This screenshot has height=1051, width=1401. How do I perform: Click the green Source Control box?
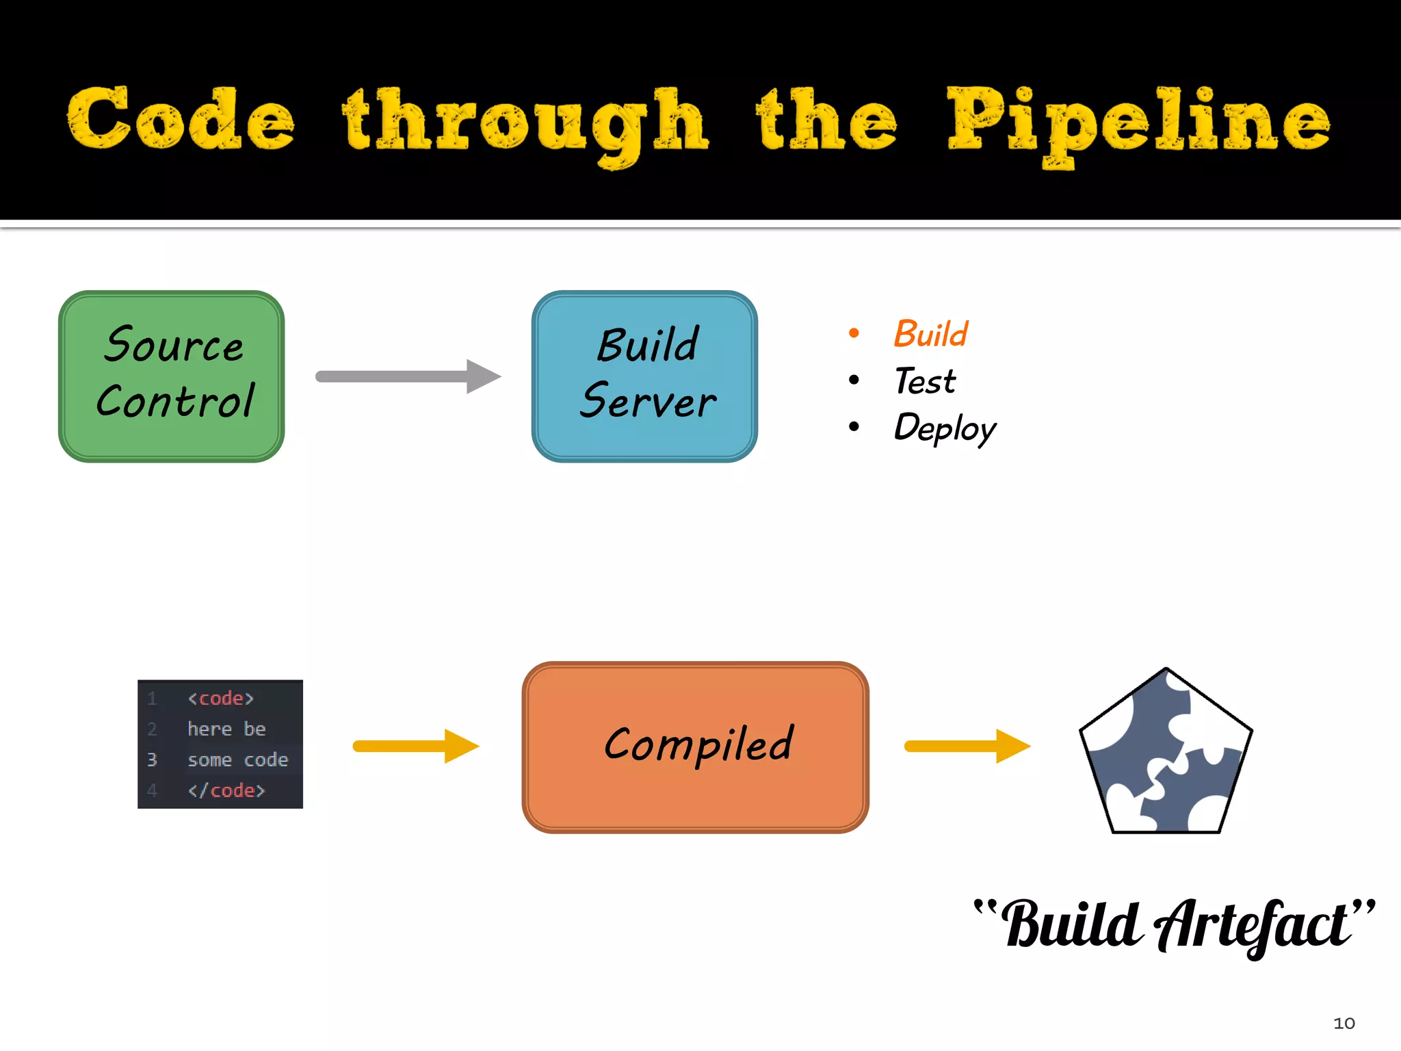coord(171,376)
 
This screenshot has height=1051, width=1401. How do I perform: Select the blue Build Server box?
coord(644,376)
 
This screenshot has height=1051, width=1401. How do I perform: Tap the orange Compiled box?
coord(695,747)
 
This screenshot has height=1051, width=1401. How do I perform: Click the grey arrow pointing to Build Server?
coord(408,376)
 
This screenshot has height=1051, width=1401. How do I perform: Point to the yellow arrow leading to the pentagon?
coord(967,746)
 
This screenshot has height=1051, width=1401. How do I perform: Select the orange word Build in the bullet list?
coord(930,335)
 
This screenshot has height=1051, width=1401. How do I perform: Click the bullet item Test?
coord(925,381)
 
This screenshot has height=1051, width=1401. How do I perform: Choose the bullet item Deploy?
coord(945,429)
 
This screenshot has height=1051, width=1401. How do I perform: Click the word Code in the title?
coord(181,120)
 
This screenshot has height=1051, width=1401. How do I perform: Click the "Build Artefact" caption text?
coord(1174,925)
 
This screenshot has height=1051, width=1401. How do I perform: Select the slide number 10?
coord(1344,1023)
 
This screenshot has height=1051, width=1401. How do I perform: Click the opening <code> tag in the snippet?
coord(220,699)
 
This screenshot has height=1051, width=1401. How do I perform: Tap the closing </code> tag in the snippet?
coord(226,791)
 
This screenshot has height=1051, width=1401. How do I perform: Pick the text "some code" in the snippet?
coord(237,760)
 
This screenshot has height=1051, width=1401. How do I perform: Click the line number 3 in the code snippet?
coord(152,760)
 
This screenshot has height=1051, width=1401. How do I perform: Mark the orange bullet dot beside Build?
coord(854,333)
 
